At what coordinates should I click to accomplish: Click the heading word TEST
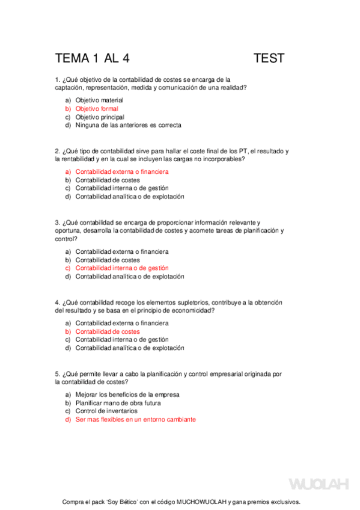[269, 58]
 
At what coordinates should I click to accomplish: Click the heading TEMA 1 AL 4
[92, 58]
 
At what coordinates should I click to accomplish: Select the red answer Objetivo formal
[97, 109]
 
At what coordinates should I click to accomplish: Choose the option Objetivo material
[99, 100]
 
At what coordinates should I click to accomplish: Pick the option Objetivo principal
[100, 117]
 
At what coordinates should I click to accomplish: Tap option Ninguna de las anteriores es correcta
[128, 126]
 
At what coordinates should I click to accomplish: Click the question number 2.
[56, 151]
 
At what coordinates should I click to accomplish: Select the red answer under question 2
[122, 171]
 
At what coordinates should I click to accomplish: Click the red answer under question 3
[122, 268]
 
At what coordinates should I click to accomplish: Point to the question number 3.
[56, 222]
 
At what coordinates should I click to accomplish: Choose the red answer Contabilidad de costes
[108, 331]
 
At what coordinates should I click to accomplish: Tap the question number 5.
[56, 373]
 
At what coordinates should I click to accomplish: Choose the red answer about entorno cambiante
[135, 420]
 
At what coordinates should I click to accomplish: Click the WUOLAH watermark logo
[319, 484]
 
